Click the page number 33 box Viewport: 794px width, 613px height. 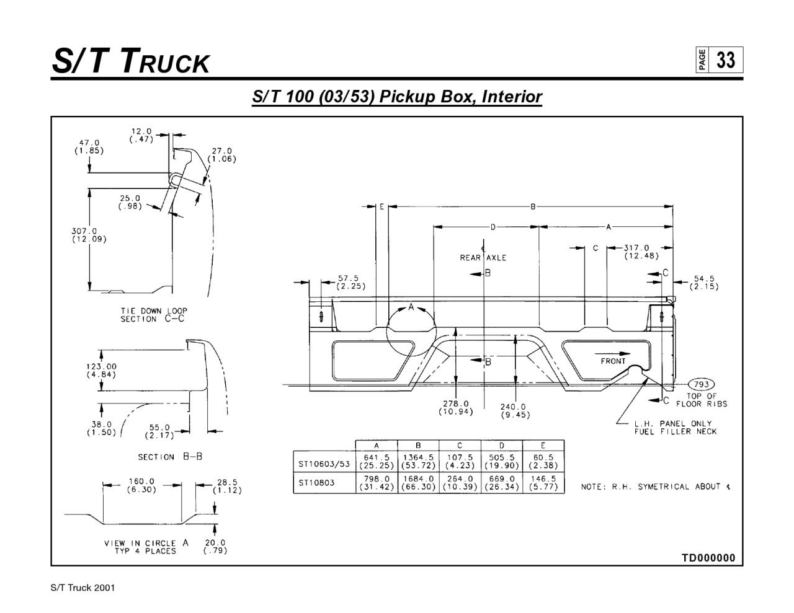click(725, 60)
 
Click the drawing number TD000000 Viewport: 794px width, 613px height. click(708, 558)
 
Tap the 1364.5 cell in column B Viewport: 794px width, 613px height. click(418, 462)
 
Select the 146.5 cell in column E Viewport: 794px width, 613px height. click(543, 483)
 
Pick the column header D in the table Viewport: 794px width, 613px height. click(501, 445)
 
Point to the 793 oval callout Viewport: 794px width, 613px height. click(702, 384)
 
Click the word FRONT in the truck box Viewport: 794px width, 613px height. click(613, 361)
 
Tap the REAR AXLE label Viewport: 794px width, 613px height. click(483, 258)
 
